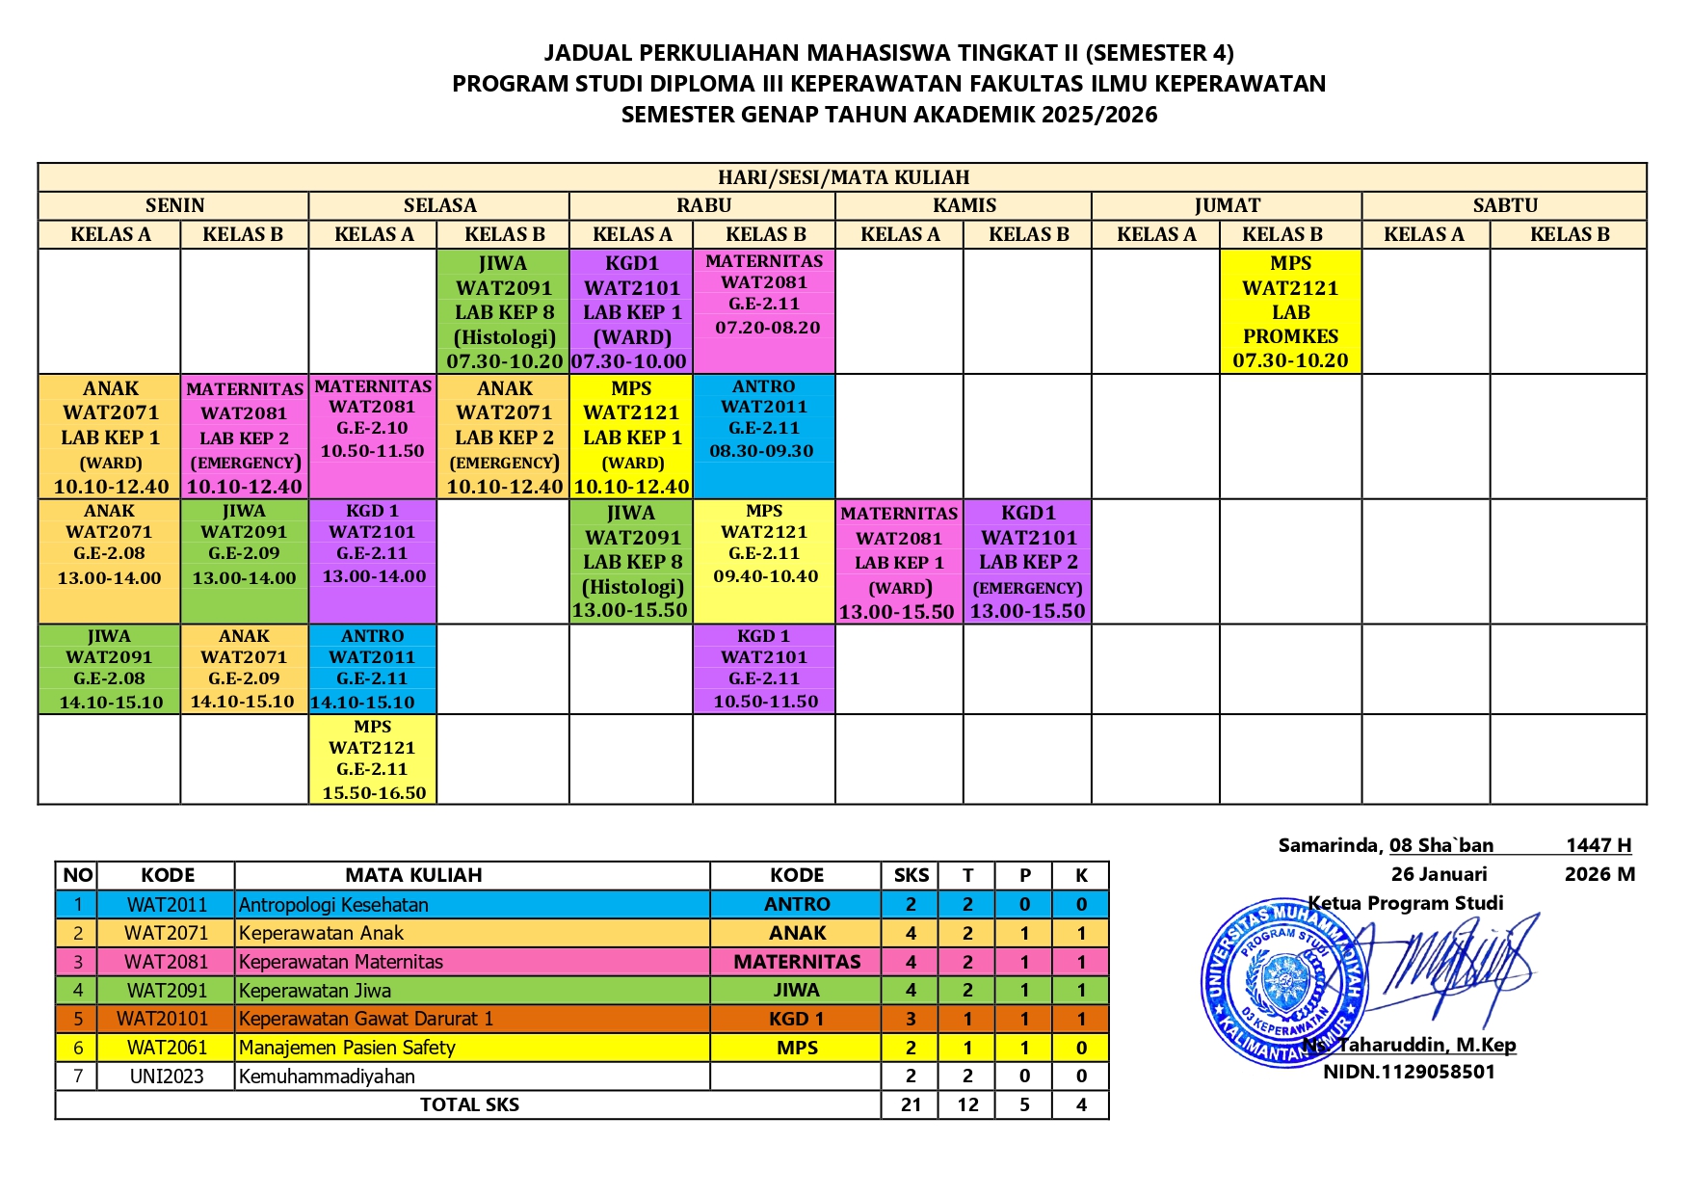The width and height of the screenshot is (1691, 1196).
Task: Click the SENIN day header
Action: [174, 205]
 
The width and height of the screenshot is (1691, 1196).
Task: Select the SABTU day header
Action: [1504, 205]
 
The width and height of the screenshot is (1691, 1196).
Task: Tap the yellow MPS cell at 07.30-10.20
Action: [1290, 311]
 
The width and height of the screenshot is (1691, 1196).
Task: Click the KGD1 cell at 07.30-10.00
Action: [631, 311]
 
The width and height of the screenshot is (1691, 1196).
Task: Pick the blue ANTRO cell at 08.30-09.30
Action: [763, 435]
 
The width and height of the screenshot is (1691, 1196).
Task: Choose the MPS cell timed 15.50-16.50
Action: [373, 759]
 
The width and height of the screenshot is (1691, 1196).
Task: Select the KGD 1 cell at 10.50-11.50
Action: [764, 669]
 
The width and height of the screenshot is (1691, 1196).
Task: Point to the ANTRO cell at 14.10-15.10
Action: [373, 669]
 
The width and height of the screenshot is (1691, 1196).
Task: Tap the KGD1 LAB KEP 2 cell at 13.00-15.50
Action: [1027, 561]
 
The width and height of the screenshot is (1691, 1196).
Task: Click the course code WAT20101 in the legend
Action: [162, 1019]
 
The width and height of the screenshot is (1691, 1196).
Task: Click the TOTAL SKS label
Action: [469, 1104]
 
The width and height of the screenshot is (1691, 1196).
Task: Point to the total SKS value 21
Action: [911, 1104]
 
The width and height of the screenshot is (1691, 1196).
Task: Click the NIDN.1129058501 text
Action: [1409, 1072]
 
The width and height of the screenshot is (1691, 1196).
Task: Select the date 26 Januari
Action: [1439, 874]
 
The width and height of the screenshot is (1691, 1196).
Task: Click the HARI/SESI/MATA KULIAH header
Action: [843, 177]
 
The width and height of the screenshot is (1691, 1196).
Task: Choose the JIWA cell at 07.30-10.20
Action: [503, 311]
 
